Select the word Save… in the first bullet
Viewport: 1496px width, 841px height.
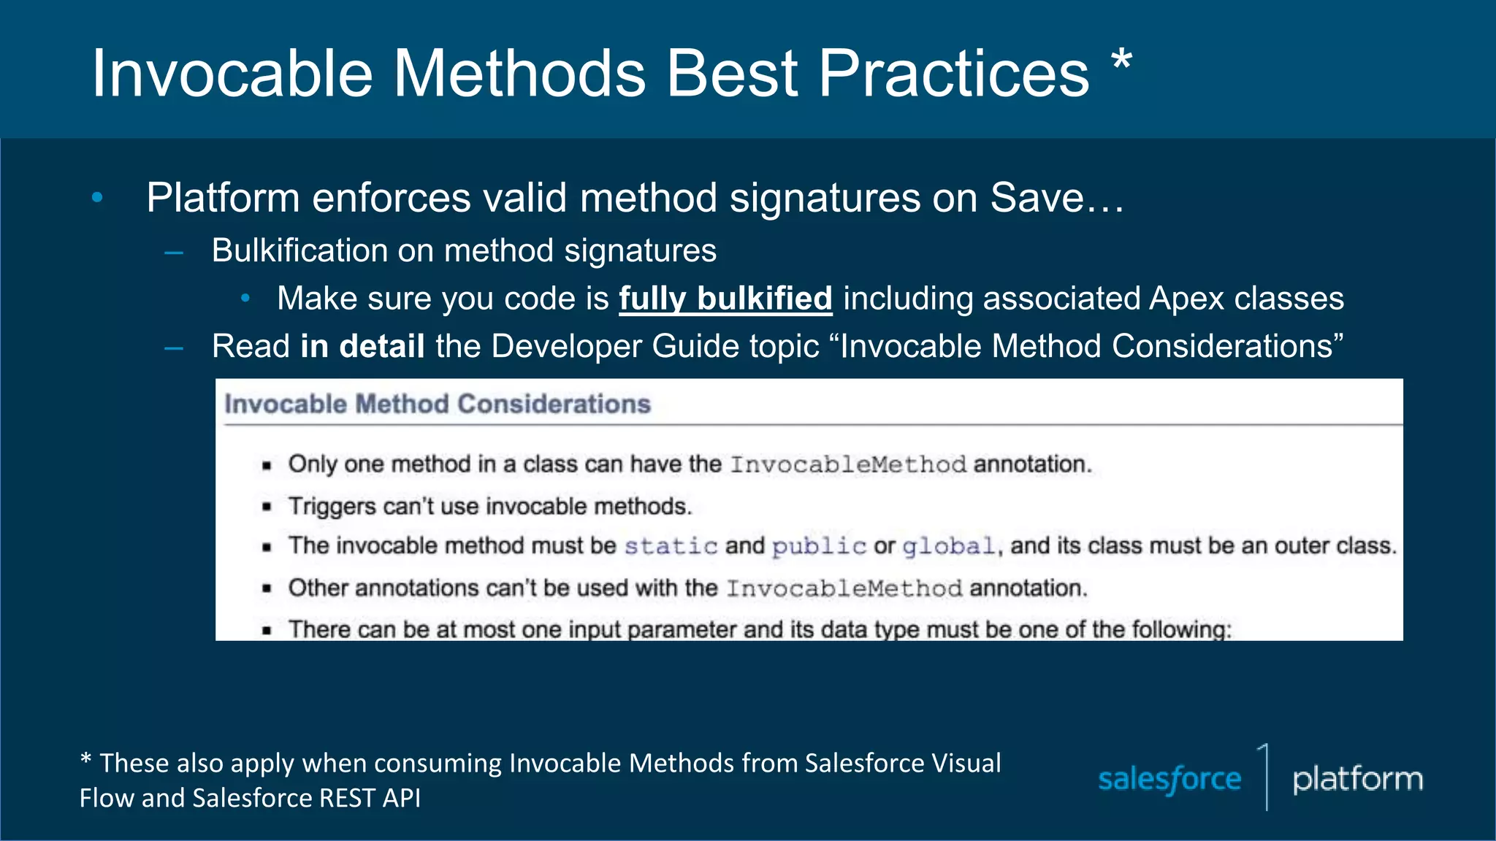point(1056,198)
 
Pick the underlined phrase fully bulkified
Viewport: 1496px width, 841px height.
point(725,299)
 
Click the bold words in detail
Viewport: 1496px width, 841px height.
point(362,346)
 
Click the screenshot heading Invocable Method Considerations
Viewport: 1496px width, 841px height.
point(437,404)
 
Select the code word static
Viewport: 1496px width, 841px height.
point(671,546)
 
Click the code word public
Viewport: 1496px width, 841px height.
point(819,546)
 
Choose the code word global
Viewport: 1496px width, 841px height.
point(948,546)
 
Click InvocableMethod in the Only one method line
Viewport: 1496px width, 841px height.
point(848,464)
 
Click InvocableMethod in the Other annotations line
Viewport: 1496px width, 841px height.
point(844,588)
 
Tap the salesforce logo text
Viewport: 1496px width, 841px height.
point(1169,779)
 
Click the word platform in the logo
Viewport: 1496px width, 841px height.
point(1357,779)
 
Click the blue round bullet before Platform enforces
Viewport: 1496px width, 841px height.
point(97,197)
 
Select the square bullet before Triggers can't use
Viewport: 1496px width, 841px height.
point(267,507)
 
